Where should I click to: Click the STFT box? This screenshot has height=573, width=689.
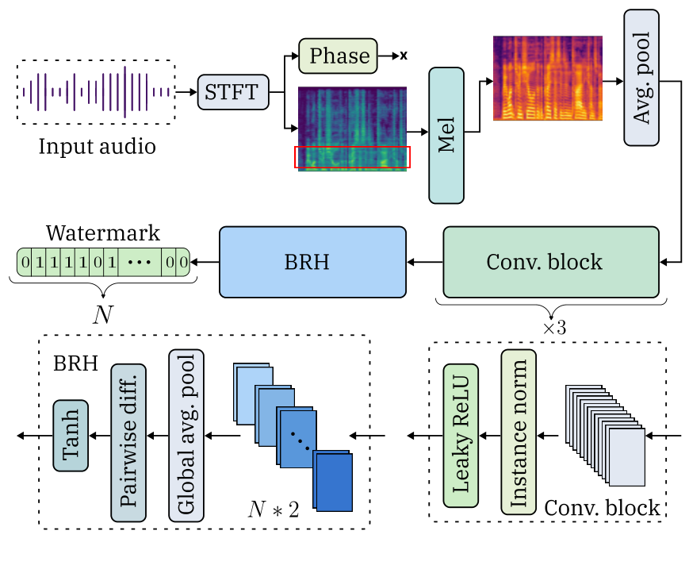[232, 92]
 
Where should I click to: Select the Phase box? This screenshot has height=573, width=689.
[339, 56]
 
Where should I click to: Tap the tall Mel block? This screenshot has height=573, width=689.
[446, 134]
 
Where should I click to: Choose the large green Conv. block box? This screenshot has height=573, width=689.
[550, 261]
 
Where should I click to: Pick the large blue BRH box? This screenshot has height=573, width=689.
[312, 261]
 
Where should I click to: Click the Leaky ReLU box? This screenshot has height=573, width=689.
[461, 435]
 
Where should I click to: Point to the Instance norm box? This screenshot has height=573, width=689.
[519, 435]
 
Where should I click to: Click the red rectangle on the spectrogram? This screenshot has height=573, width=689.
[353, 157]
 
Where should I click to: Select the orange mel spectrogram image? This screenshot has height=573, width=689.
[547, 78]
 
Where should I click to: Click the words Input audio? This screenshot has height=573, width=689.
[97, 147]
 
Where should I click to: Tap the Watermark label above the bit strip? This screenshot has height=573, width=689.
[102, 233]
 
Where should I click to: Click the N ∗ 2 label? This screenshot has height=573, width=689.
[273, 509]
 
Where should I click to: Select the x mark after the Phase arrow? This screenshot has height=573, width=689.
[404, 56]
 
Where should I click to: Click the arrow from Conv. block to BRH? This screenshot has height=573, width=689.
[424, 261]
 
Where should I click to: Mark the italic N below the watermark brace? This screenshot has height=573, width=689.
[102, 314]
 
